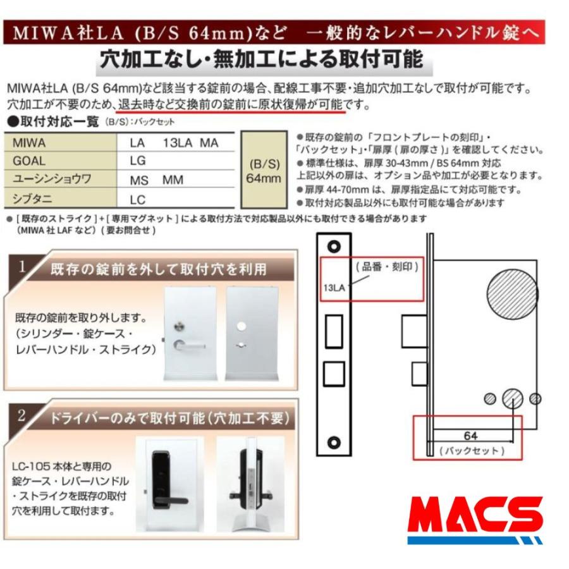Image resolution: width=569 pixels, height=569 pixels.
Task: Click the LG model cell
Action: click(x=138, y=161)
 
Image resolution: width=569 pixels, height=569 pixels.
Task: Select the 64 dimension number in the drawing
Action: click(x=470, y=436)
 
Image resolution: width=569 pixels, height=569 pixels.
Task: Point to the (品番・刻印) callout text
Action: click(x=386, y=266)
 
